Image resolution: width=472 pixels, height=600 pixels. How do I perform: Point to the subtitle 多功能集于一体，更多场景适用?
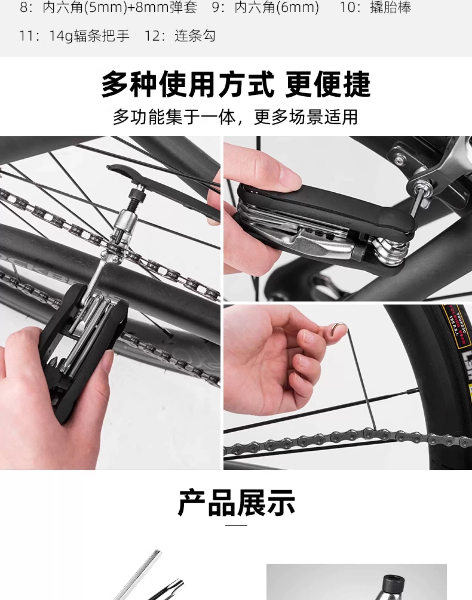[x=235, y=117]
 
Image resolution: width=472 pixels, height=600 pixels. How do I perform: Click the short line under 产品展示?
[x=236, y=525]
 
